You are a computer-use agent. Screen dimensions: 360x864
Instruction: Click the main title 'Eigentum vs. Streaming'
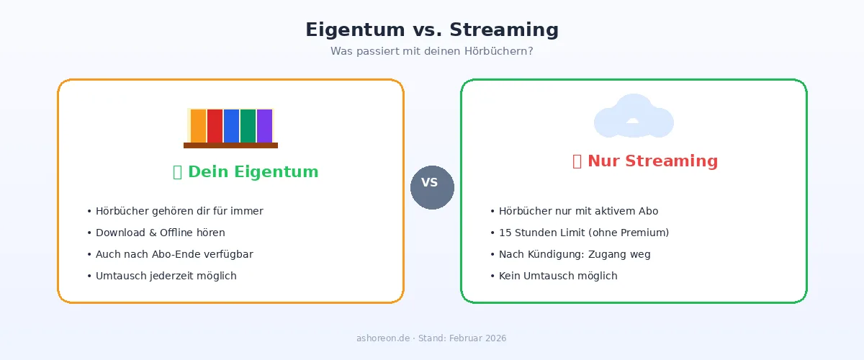point(432,30)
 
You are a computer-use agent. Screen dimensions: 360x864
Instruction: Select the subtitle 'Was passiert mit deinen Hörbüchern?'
point(432,51)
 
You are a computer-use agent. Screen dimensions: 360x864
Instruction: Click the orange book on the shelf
point(198,126)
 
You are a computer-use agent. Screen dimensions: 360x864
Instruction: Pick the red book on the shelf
point(215,126)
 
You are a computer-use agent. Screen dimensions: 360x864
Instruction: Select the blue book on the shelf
point(231,126)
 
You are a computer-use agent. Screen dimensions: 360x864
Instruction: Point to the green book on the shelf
point(248,126)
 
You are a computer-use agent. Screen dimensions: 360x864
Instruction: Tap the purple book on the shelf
point(264,126)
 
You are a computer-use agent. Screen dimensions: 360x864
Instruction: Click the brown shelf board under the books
point(230,145)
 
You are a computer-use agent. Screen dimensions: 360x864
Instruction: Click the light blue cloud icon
point(634,117)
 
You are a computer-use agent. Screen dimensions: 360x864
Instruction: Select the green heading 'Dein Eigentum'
point(246,172)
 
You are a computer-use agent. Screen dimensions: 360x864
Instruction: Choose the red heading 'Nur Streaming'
point(645,161)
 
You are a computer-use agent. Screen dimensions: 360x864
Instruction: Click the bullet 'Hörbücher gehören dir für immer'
point(175,211)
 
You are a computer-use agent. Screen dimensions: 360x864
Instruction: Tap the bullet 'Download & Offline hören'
point(156,233)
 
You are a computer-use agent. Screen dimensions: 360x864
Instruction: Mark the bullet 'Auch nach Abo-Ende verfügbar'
point(170,254)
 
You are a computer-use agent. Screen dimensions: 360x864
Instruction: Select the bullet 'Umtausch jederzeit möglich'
point(161,276)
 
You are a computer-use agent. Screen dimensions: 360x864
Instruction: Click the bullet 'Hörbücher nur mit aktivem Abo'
point(574,211)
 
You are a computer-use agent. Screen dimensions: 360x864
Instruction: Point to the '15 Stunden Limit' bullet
point(579,233)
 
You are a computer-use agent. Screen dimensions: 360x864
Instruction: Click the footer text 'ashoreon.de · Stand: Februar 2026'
point(432,338)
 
